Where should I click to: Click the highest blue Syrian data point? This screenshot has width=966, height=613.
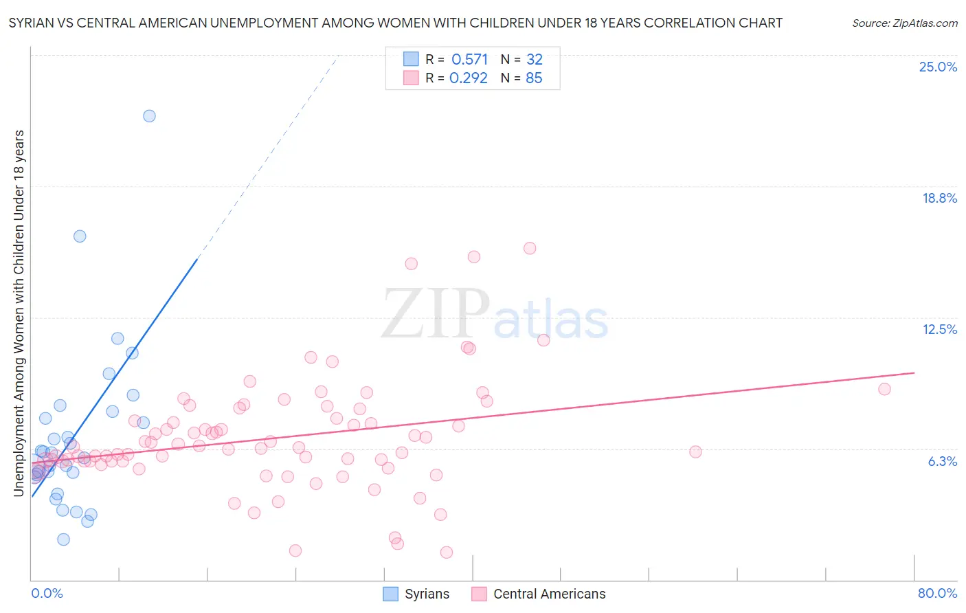[x=149, y=116]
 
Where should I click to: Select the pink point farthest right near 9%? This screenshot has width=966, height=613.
[x=884, y=389]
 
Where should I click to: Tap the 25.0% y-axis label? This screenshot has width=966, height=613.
[x=938, y=67]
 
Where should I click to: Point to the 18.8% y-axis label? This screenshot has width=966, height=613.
[x=939, y=198]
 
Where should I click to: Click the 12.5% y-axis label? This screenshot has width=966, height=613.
[x=939, y=329]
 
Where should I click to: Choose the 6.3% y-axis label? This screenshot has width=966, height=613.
[x=942, y=461]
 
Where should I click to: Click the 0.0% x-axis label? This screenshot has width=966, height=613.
[x=47, y=593]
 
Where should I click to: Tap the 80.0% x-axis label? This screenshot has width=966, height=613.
[x=937, y=593]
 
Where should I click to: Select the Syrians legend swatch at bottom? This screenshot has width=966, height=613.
[x=390, y=594]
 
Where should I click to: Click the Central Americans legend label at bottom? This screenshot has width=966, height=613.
[x=549, y=594]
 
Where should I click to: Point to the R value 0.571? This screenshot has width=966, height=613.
[x=469, y=60]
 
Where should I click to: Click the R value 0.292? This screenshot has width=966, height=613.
[x=468, y=78]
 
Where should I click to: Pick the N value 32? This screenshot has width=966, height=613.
[x=534, y=60]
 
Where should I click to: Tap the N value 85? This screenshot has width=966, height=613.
[x=534, y=78]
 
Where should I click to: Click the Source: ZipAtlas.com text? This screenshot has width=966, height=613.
[x=904, y=23]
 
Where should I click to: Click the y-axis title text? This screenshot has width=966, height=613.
[x=19, y=313]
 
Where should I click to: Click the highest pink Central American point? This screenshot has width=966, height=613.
[x=530, y=248]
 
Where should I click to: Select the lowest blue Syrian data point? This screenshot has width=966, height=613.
[x=63, y=539]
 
